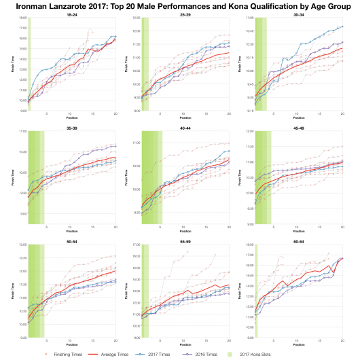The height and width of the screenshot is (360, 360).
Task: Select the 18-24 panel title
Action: click(x=71, y=15)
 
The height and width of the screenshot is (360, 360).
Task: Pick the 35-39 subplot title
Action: click(x=71, y=127)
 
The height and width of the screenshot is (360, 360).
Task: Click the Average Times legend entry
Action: click(x=112, y=354)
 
